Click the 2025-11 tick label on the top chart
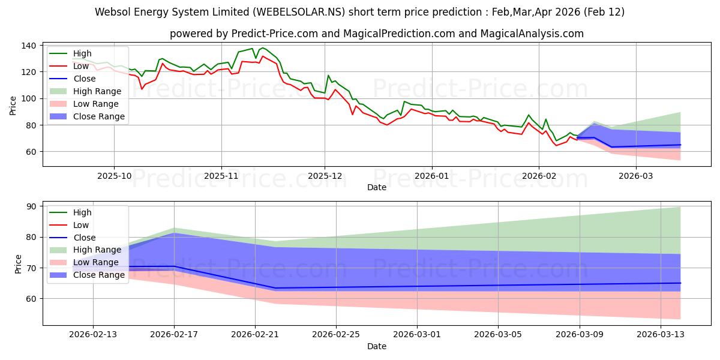(221, 176)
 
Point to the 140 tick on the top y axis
(29, 46)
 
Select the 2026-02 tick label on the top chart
(538, 176)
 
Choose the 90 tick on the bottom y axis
(32, 206)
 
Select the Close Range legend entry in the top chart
(99, 116)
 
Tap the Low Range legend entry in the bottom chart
(97, 262)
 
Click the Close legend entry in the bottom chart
(85, 238)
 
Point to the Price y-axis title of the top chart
(13, 105)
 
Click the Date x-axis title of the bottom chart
(376, 347)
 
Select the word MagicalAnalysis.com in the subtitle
(532, 34)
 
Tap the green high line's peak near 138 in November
(262, 47)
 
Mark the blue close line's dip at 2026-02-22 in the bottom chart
(275, 288)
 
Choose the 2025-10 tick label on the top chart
(114, 176)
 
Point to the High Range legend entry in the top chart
(97, 91)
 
